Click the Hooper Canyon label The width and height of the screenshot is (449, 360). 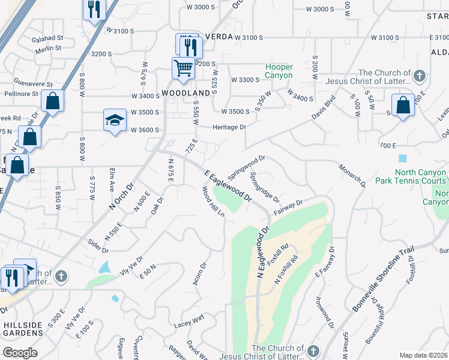click(x=280, y=71)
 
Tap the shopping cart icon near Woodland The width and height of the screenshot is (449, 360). click(x=183, y=67)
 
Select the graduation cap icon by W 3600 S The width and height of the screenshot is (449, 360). click(x=115, y=119)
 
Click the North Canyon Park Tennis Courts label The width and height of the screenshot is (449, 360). click(x=411, y=180)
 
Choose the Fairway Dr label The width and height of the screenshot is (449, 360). click(x=288, y=208)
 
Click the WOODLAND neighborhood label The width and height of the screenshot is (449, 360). click(x=186, y=94)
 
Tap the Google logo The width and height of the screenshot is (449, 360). click(x=20, y=353)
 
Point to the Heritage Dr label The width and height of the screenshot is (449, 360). click(x=229, y=127)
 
